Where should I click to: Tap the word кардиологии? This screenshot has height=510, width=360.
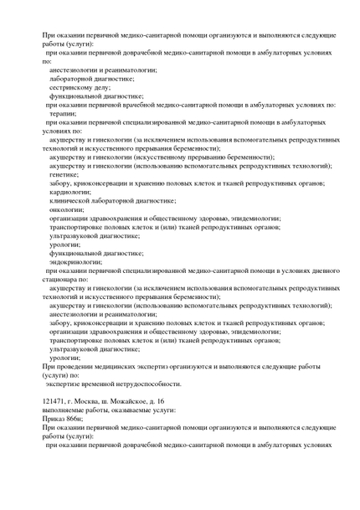point(70,191)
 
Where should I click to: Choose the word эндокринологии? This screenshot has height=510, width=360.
point(76,260)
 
